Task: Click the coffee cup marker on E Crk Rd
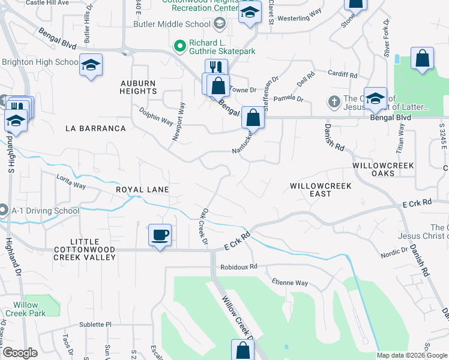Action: tap(159, 235)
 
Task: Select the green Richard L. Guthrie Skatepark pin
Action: tap(178, 46)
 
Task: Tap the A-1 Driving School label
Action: tap(44, 211)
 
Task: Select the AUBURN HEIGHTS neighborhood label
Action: tap(138, 87)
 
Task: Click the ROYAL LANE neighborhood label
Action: tap(142, 190)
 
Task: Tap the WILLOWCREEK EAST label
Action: tap(319, 190)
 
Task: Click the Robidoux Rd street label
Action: tap(238, 266)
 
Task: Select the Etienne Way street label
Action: tap(289, 283)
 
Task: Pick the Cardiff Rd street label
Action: tap(343, 76)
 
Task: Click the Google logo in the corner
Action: tap(20, 353)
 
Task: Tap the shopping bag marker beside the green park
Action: tap(423, 59)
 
